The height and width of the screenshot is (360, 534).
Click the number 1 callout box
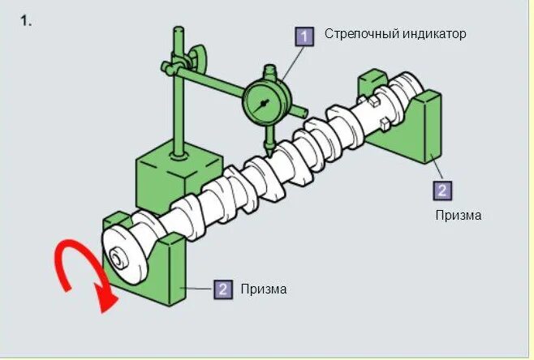[304, 36]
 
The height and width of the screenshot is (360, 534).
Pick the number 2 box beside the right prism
[442, 191]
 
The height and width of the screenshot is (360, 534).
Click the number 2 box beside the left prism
[222, 289]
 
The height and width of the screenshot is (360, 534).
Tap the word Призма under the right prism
[459, 216]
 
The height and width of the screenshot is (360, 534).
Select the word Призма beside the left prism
[264, 289]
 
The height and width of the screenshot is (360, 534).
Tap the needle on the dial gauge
[265, 104]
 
